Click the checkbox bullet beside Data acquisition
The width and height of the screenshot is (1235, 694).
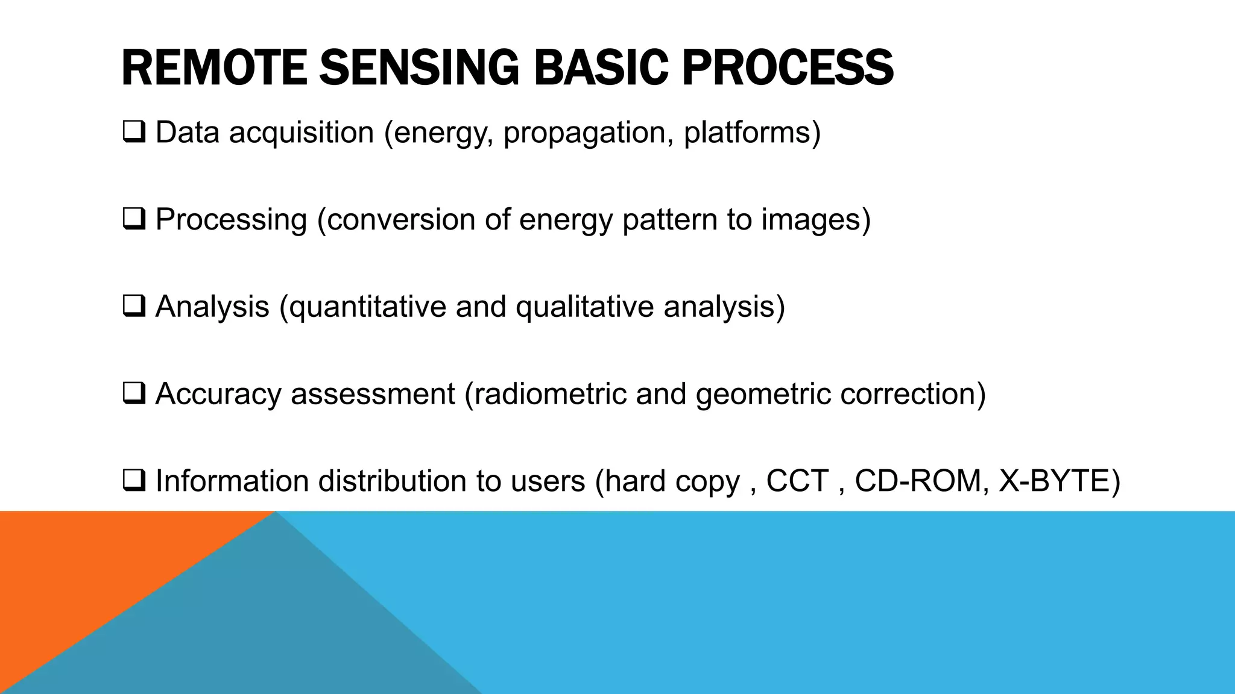point(133,131)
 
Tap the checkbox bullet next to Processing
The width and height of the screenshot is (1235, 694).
point(133,219)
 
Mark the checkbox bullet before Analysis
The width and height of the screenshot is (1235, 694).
point(133,306)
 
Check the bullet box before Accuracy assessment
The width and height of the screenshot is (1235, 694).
point(133,393)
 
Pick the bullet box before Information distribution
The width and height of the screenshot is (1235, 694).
point(133,481)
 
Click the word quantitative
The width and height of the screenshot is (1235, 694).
point(367,307)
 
